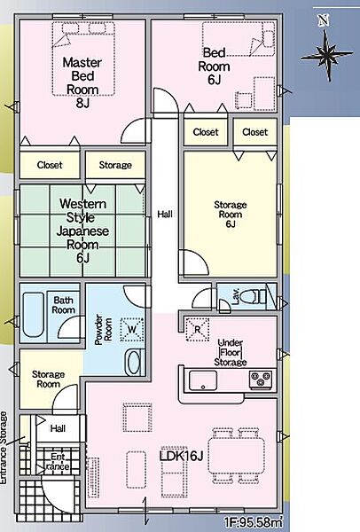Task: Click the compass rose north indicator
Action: [326, 51]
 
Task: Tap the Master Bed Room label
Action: [82, 82]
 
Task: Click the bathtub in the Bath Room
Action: [34, 315]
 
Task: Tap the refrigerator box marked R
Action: [197, 330]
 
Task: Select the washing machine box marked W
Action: [132, 329]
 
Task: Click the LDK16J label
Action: [181, 456]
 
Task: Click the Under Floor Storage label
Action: [230, 352]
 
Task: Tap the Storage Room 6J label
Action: [230, 215]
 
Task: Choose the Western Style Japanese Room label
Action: [82, 231]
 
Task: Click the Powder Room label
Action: [104, 330]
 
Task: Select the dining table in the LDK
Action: [237, 455]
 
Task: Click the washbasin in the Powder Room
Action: [134, 363]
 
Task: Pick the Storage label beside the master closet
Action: [115, 165]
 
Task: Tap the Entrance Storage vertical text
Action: [4, 448]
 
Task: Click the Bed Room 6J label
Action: [214, 66]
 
